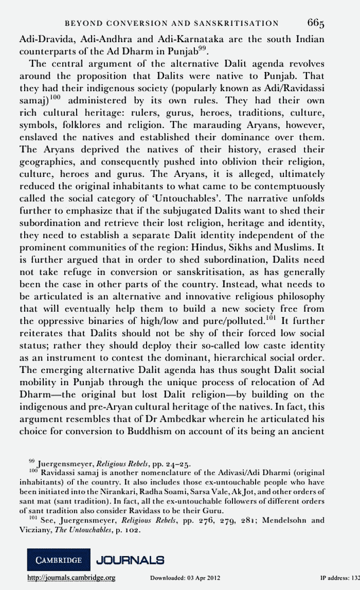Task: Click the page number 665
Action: pos(316,23)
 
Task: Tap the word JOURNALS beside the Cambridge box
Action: pos(131,560)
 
